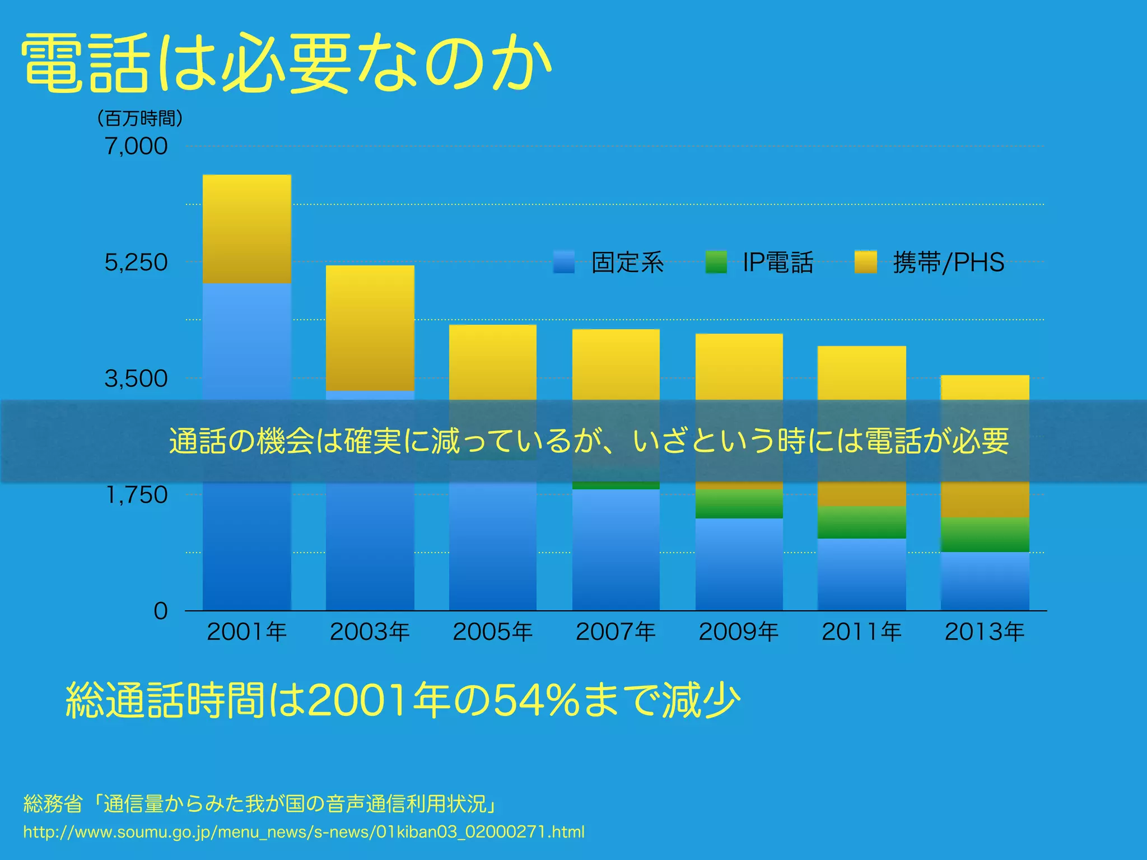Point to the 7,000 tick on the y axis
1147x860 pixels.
[136, 147]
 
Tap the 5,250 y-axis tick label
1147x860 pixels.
[136, 263]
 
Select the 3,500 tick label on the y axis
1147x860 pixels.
[136, 379]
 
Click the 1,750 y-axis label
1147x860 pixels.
[137, 495]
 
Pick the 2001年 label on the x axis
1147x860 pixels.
[247, 632]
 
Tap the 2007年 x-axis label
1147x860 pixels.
[616, 632]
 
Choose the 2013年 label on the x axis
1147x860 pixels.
[985, 632]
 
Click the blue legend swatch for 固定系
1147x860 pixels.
[564, 262]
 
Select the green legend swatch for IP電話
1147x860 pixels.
[716, 262]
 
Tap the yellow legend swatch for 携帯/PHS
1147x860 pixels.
[866, 262]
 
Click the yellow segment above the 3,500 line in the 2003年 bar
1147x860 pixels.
[370, 328]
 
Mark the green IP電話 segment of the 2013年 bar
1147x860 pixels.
[985, 535]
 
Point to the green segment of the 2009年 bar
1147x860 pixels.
[739, 504]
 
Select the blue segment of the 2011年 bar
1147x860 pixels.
[861, 574]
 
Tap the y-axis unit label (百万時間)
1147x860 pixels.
[139, 119]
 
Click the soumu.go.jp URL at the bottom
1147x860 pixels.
[304, 832]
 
